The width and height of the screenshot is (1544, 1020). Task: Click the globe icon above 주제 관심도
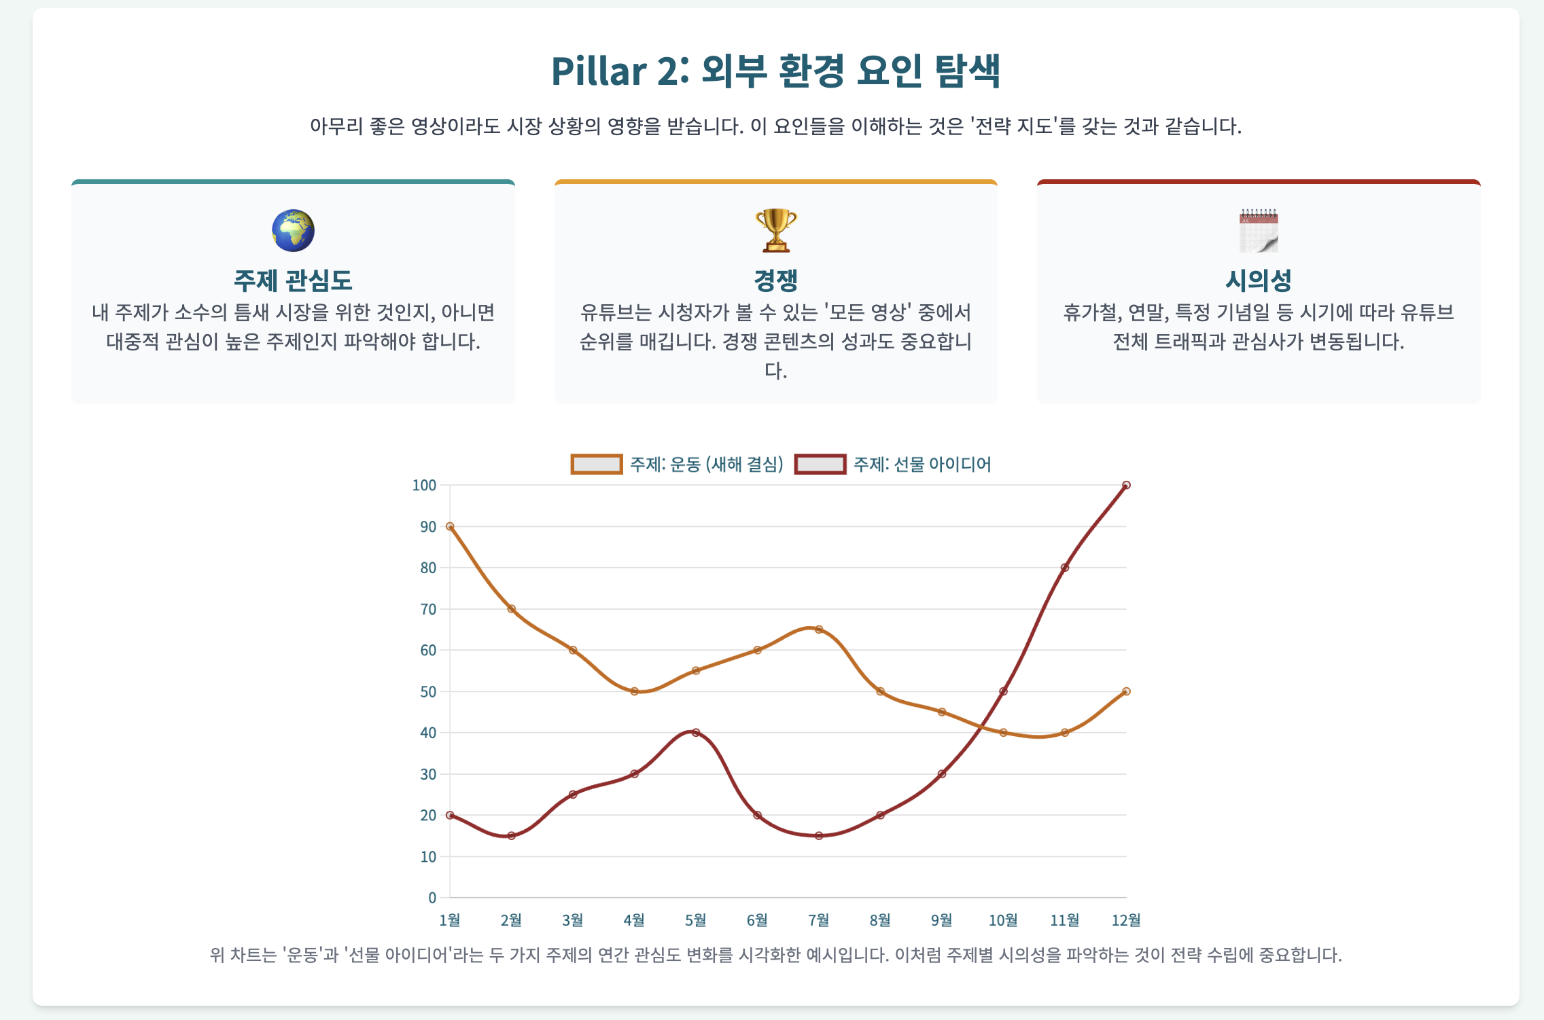coord(293,231)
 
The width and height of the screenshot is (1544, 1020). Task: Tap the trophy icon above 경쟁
coord(775,231)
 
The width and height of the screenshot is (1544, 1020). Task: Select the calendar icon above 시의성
coord(1259,231)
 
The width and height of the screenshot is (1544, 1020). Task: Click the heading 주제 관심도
coord(293,280)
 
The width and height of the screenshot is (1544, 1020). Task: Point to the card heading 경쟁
coord(775,280)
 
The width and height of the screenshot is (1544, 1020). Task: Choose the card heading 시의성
coord(1259,280)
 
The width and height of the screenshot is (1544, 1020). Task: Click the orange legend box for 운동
coord(596,465)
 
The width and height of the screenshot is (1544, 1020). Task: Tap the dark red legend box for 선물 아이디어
coord(820,465)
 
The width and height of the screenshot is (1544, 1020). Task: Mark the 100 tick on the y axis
coord(424,486)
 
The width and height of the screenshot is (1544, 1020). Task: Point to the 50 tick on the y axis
coord(427,692)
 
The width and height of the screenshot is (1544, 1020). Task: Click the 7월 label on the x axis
coord(818,920)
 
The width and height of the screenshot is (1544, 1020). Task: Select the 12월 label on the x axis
coord(1125,920)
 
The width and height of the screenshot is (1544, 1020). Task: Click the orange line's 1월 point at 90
coord(450,526)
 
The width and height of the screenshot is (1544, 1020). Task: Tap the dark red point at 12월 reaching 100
coord(1126,486)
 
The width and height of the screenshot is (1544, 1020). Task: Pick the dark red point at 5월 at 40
coord(696,733)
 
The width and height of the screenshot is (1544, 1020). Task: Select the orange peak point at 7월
coord(819,630)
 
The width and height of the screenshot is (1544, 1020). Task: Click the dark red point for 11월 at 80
coord(1065,568)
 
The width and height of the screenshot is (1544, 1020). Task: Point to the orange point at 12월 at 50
coord(1126,691)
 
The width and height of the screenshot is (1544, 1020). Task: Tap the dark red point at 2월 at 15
coord(512,835)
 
